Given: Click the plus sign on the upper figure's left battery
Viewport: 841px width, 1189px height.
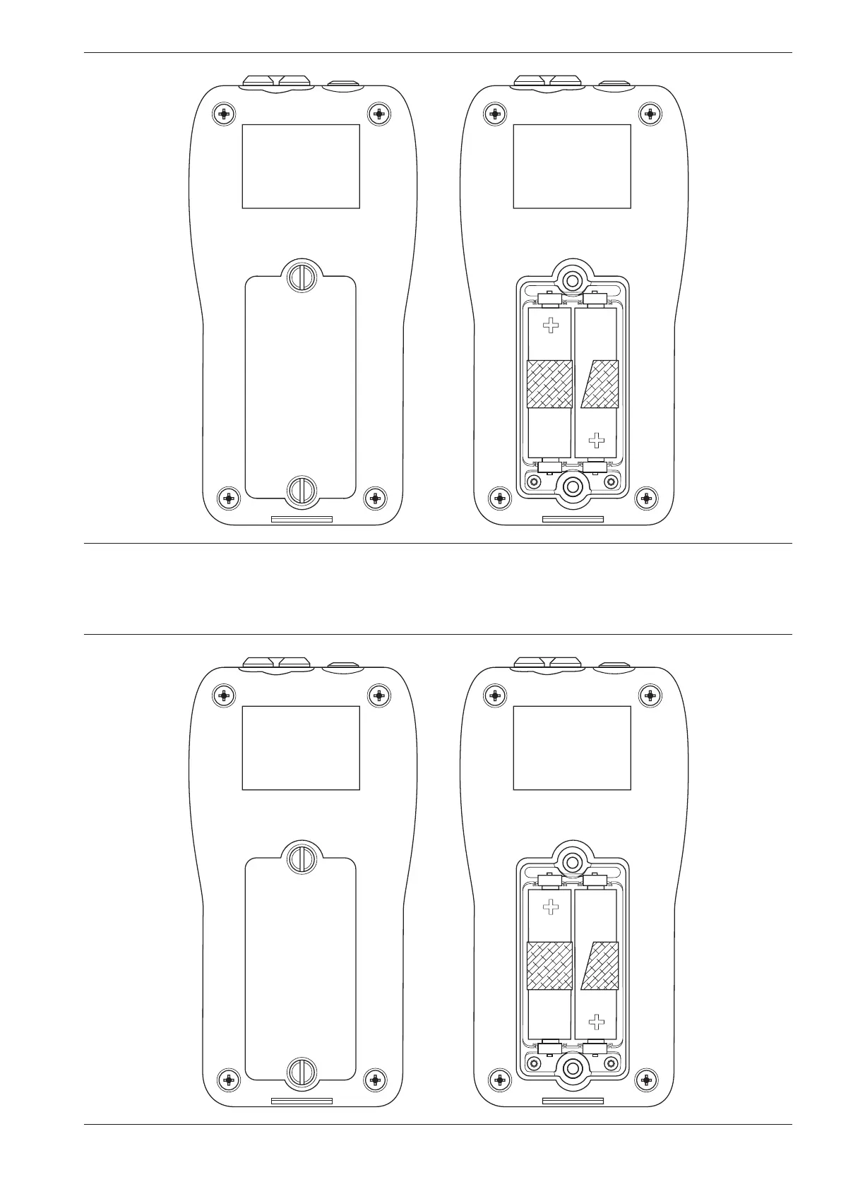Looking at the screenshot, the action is pos(550,325).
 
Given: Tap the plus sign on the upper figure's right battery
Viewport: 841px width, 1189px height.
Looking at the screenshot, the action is pos(597,441).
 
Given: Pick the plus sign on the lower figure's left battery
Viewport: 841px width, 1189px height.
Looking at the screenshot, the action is pos(550,906).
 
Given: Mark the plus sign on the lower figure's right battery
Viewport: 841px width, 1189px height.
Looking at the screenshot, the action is pos(597,1022).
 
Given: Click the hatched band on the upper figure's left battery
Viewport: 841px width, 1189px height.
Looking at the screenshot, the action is pos(549,383).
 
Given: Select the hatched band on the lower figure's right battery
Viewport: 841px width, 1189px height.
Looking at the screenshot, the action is pos(600,965).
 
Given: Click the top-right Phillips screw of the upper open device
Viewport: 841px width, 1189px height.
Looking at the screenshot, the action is pos(650,114).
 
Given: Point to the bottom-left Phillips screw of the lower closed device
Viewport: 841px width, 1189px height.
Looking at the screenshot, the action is pos(228,1079).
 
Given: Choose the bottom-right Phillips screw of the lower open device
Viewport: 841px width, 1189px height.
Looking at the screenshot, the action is pos(646,1079).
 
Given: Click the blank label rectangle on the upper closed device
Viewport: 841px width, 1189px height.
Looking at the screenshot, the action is pos(301,167).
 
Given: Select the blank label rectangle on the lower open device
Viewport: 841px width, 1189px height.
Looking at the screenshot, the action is pos(571,748).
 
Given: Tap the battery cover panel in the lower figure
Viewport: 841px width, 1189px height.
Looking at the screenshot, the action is pos(300,967).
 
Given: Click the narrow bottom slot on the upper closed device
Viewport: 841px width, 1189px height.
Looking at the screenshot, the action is pos(302,520).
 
